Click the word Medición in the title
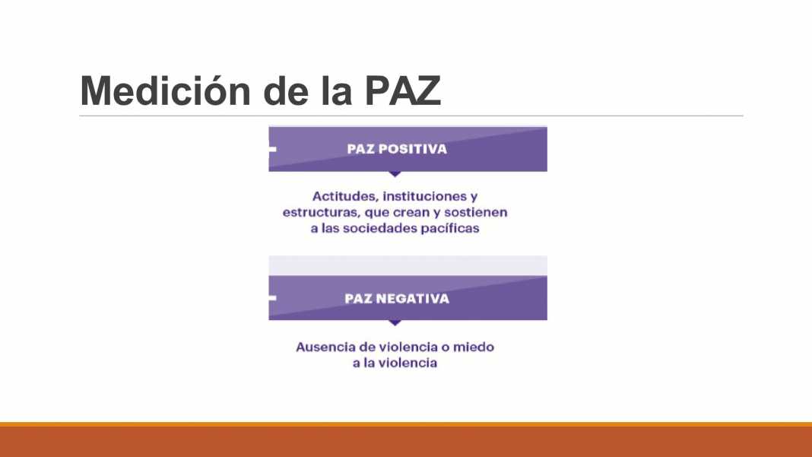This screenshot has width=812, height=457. (166, 90)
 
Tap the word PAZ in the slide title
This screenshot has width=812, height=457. (402, 91)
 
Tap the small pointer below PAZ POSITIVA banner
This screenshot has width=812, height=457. (395, 174)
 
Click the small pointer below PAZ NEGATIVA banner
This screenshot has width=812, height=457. (395, 323)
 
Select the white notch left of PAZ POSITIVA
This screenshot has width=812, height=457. (272, 149)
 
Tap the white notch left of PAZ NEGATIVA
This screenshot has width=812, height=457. (272, 298)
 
